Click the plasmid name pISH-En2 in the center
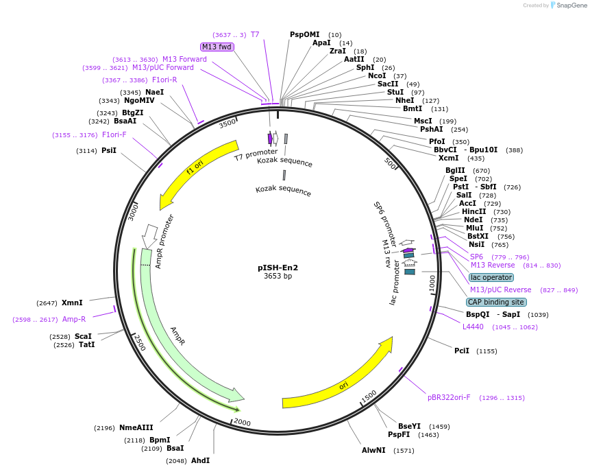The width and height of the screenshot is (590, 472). (278, 268)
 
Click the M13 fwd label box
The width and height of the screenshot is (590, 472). (217, 47)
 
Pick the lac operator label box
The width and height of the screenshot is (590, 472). (491, 277)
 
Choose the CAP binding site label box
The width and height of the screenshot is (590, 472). (496, 302)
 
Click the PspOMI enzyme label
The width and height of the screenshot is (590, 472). (305, 34)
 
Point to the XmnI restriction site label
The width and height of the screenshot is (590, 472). (72, 303)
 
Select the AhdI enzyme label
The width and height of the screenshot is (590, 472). (200, 460)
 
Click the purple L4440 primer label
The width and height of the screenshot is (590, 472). (473, 327)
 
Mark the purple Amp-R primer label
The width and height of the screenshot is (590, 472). (74, 319)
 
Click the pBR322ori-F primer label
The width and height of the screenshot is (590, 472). (449, 397)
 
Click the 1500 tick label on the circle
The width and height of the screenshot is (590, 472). (369, 397)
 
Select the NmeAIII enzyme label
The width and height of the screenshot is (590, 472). (136, 427)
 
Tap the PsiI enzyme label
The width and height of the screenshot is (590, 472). (109, 150)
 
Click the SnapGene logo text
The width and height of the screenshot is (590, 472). (571, 5)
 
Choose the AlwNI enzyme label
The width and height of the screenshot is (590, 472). (373, 450)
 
